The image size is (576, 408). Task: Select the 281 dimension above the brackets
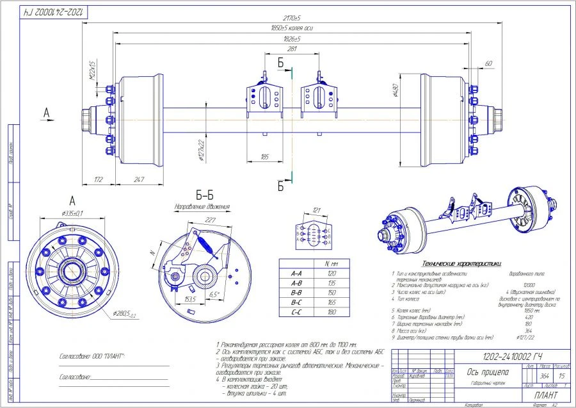(x=292, y=48)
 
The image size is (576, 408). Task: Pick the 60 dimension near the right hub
(x=488, y=63)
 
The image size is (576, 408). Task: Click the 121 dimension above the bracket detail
(x=316, y=210)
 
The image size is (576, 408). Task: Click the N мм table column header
(x=332, y=263)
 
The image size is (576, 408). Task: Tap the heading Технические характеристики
(x=460, y=263)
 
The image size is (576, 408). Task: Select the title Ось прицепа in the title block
(x=488, y=373)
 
